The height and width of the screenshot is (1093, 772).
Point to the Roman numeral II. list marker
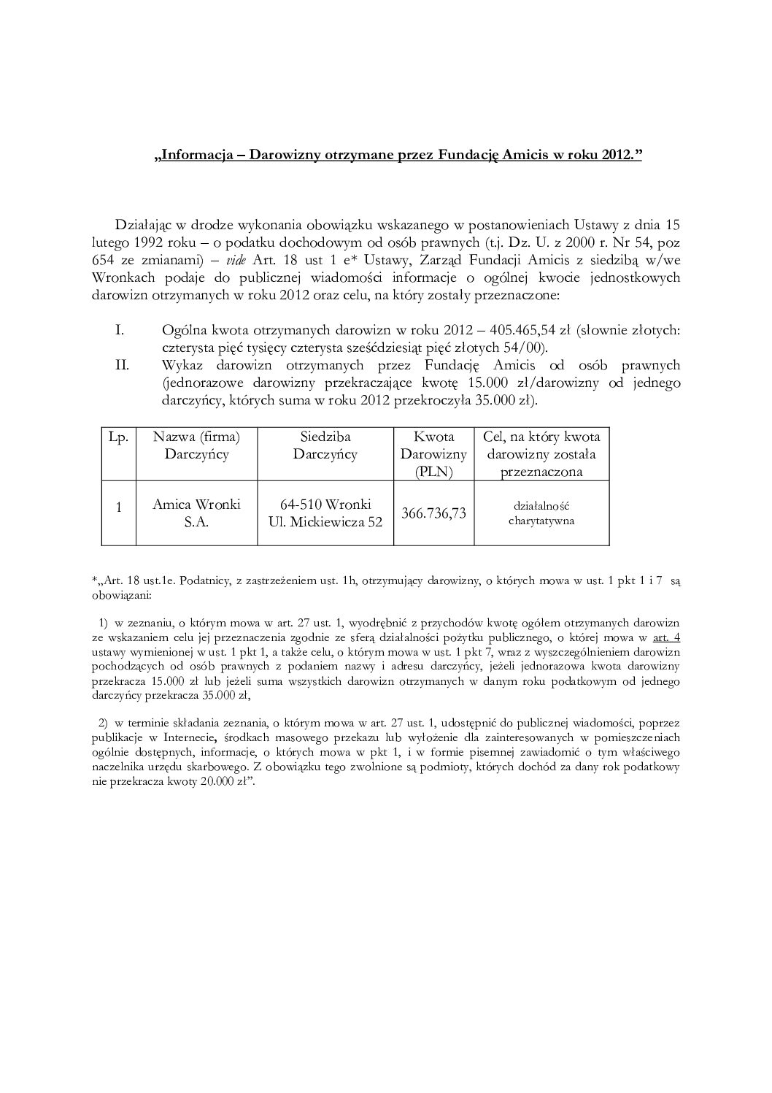(123, 365)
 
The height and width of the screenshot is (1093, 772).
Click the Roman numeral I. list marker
(120, 331)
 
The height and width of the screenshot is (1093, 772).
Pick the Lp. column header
(118, 437)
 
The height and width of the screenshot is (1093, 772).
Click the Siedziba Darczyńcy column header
(325, 445)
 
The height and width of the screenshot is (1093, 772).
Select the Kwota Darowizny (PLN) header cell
(433, 453)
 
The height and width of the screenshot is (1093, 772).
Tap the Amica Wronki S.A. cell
(196, 513)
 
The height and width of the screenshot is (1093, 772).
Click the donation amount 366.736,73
(433, 513)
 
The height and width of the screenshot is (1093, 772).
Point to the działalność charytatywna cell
(541, 513)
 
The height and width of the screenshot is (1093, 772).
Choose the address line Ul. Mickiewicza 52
(325, 522)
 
